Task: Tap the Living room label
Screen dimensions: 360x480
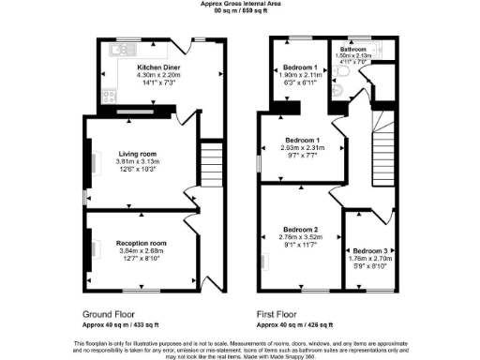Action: point(137,153)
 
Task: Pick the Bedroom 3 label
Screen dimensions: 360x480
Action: point(365,252)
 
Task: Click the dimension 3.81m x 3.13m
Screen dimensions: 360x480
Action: point(137,161)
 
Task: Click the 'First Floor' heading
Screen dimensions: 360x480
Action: point(278,315)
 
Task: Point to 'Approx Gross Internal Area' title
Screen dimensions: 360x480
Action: point(240,4)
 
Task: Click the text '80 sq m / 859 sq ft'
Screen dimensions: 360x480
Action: point(240,11)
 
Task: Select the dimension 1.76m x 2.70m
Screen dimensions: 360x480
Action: point(365,261)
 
